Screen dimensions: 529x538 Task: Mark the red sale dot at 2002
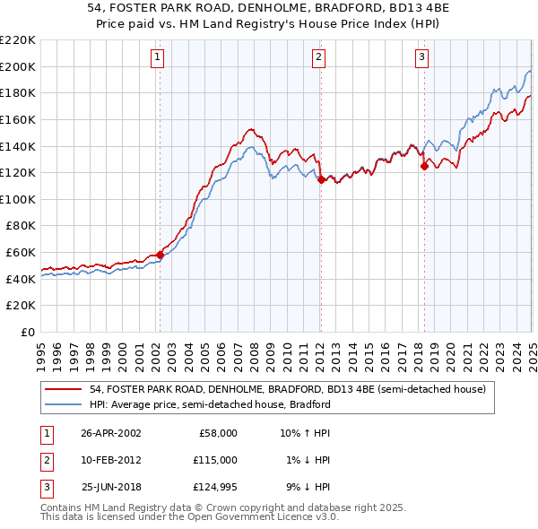(161, 255)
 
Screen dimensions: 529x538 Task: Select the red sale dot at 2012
(321, 179)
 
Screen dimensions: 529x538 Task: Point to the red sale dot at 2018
(424, 166)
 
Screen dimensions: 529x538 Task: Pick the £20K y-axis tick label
(22, 306)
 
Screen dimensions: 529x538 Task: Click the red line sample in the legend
(64, 390)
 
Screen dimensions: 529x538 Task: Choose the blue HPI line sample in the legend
(64, 404)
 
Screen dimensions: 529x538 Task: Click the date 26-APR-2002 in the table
(111, 433)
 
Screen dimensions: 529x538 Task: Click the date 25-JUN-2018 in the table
(111, 487)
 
